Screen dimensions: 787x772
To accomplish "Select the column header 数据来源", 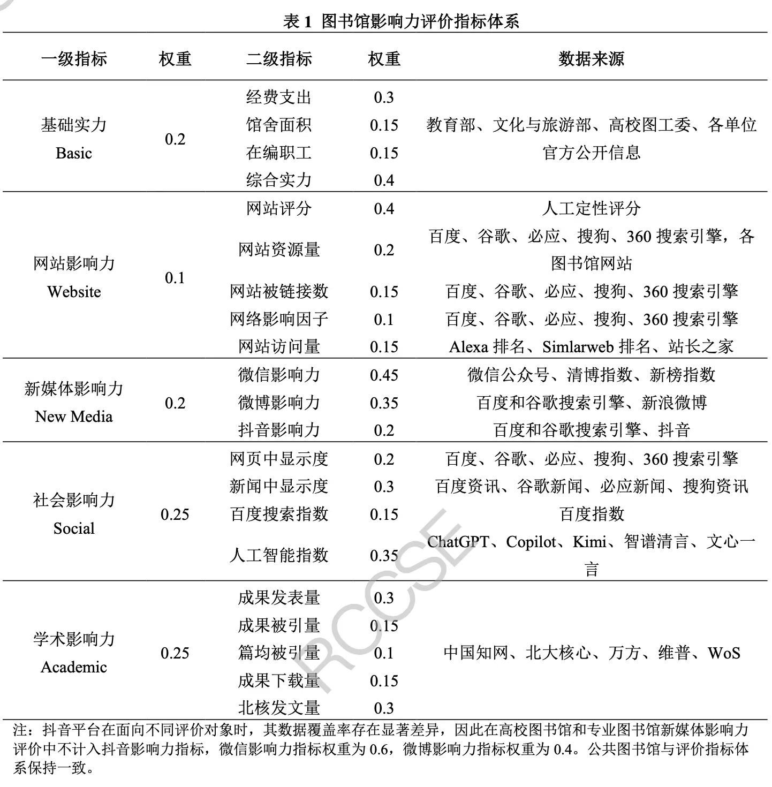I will (591, 58).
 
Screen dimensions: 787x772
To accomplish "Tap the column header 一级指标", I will (74, 58).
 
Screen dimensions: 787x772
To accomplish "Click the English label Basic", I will (74, 154).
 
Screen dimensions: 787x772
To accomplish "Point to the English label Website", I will (74, 292).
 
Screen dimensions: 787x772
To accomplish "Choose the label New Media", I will (74, 417).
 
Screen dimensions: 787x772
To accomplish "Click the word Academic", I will (74, 667).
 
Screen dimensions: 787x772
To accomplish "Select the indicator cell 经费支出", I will (278, 97).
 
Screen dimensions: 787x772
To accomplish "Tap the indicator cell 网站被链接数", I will (278, 292).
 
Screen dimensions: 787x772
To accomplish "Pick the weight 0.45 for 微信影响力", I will (384, 375).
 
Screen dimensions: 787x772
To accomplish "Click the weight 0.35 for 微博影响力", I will (384, 403).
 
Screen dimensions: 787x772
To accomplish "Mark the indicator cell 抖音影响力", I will (278, 430).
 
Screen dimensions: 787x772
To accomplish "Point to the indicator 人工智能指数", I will (278, 555).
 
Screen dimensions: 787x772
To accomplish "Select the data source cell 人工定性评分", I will (591, 208).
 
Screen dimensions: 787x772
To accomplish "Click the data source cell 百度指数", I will (591, 514).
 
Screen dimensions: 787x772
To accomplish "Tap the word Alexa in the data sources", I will (468, 347).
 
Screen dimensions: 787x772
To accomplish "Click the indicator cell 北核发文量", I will (278, 708).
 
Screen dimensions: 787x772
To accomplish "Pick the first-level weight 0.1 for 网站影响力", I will (175, 278).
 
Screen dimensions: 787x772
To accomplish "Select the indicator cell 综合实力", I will (278, 180).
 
